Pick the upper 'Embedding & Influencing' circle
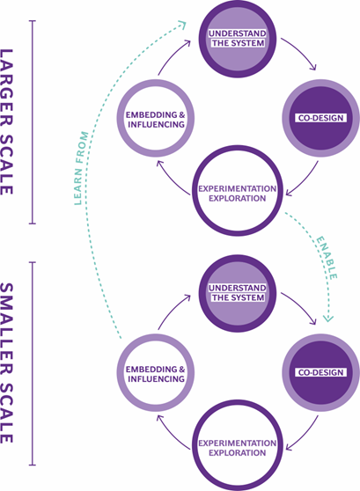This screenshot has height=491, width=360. [x=155, y=118]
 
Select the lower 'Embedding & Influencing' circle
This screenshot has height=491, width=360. [x=155, y=372]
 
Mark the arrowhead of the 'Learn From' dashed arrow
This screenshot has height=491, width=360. [x=181, y=25]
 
